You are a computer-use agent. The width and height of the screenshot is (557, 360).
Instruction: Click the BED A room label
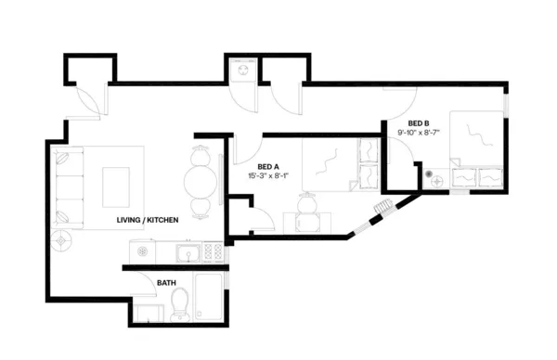tap(269, 165)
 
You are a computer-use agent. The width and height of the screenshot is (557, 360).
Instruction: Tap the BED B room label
tap(419, 123)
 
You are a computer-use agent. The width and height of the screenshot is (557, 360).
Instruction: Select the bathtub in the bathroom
tap(210, 298)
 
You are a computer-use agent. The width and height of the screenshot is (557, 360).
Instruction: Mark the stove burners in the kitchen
tap(213, 251)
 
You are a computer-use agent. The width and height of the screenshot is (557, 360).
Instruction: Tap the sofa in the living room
tap(67, 186)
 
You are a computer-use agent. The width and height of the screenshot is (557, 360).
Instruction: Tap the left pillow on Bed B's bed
tap(461, 174)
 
